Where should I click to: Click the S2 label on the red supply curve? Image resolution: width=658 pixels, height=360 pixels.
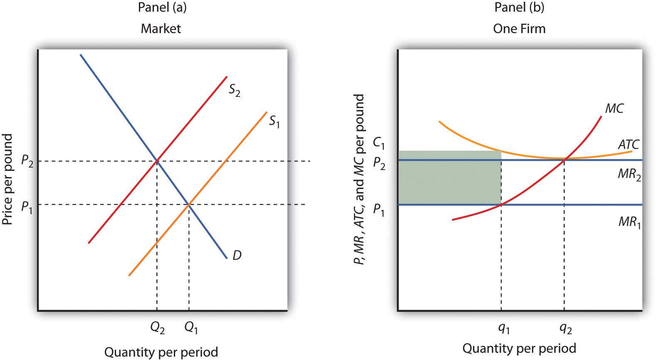pos(234,90)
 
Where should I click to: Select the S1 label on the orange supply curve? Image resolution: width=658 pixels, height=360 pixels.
pos(274,121)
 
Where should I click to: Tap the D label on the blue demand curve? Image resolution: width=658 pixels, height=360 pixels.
pos(237,255)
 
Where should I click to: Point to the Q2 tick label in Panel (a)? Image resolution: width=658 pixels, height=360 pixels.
pos(157,329)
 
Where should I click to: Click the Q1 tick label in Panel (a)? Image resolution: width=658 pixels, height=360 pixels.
pos(190,329)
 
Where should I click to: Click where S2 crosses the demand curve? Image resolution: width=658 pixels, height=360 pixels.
pos(157,160)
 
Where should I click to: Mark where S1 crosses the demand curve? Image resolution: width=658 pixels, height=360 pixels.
pos(189,204)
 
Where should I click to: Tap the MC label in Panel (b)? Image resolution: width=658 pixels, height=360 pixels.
pos(614,108)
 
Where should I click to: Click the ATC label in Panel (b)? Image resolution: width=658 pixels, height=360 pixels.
pos(628,145)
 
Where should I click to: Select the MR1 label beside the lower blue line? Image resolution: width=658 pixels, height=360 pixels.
pos(629,222)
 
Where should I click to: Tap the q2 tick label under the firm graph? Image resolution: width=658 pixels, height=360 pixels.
pos(565,329)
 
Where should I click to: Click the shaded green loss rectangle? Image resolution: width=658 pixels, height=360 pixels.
pos(449,178)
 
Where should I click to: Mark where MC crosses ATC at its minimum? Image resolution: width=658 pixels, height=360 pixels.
pos(564,159)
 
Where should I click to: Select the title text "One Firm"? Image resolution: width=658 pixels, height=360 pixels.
pos(519,28)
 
